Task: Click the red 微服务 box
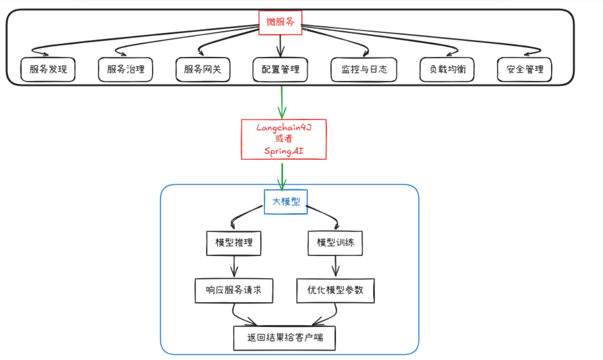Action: click(x=281, y=22)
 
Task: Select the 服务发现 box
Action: click(x=49, y=70)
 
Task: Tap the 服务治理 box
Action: click(x=126, y=70)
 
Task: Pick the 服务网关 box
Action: click(x=203, y=70)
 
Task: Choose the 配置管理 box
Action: click(x=281, y=70)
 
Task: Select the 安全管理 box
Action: click(x=525, y=70)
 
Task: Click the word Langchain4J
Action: click(x=284, y=127)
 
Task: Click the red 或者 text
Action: click(x=284, y=139)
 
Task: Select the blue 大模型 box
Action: click(x=286, y=202)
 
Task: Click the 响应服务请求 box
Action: click(x=234, y=290)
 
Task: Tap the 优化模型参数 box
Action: click(x=335, y=290)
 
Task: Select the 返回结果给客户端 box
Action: click(x=284, y=338)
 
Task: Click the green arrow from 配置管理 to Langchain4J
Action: click(x=282, y=102)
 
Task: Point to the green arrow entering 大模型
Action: click(x=282, y=176)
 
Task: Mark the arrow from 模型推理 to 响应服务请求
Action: click(x=234, y=266)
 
